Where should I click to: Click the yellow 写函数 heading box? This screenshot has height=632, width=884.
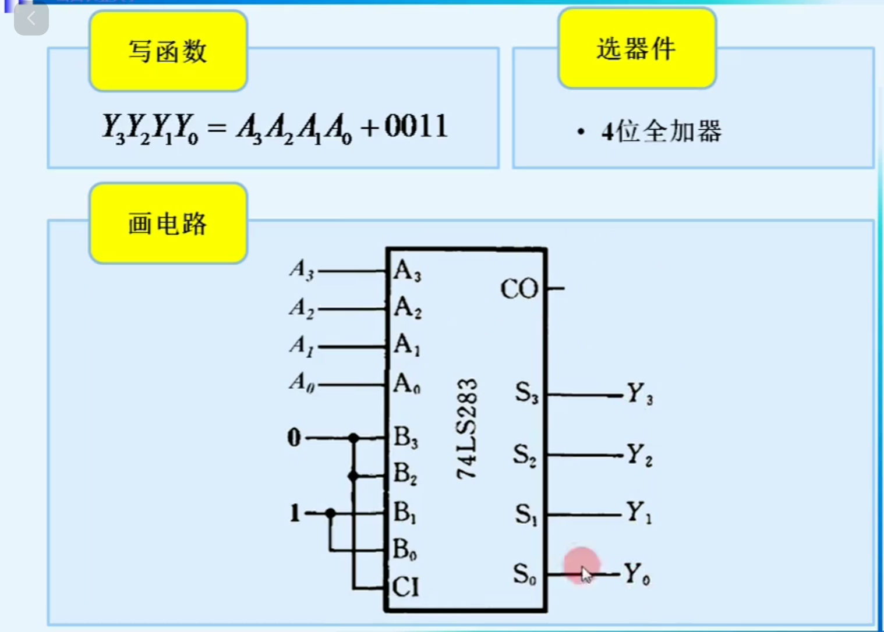(168, 51)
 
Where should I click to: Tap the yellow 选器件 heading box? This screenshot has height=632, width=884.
(637, 49)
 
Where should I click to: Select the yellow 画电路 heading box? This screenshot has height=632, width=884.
(168, 223)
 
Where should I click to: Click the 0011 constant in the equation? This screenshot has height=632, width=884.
(416, 126)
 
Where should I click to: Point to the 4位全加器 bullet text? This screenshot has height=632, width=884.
(662, 132)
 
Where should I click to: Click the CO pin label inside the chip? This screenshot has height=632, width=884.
(519, 289)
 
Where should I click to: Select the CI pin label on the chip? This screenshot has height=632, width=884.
(405, 587)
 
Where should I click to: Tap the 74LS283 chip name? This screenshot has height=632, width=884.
(467, 429)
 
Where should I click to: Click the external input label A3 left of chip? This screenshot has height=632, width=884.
(302, 270)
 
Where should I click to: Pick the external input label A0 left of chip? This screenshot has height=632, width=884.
(302, 382)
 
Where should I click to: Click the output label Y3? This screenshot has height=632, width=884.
(639, 394)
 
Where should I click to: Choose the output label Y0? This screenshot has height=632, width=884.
(637, 574)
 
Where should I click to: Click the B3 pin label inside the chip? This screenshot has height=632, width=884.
(405, 437)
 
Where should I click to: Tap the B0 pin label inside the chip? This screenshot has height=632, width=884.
(404, 549)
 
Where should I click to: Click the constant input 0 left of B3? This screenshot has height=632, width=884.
(294, 437)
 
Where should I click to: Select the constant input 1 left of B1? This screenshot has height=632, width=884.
(295, 513)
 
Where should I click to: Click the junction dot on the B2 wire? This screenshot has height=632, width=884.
(353, 476)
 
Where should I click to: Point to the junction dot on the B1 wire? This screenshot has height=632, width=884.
(330, 513)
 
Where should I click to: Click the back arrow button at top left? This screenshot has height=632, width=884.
(31, 19)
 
